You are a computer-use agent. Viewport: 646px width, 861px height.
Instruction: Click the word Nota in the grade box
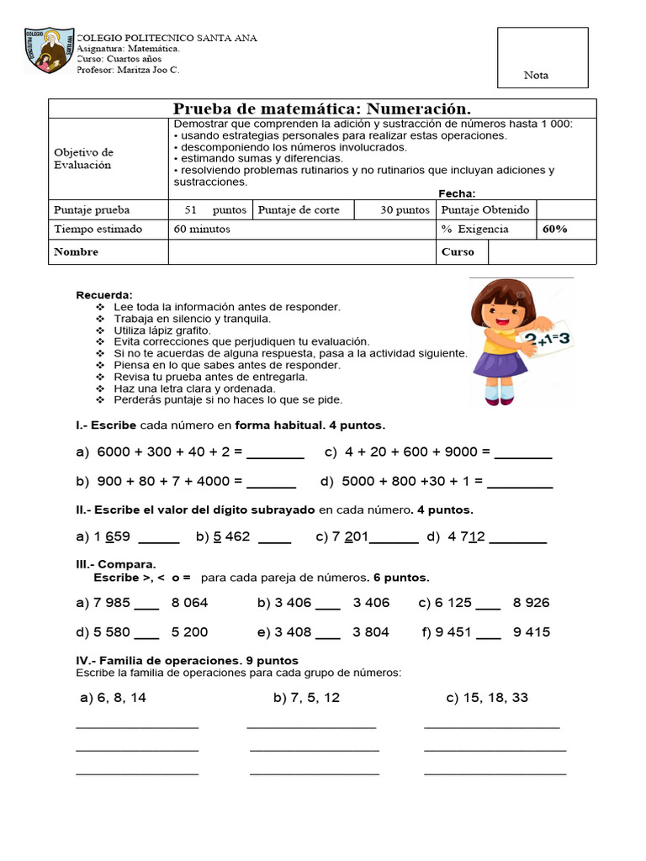[536, 76]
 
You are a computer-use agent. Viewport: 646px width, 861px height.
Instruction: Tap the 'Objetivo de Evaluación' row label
[84, 159]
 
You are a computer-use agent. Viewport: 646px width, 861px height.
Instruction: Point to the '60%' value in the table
[554, 229]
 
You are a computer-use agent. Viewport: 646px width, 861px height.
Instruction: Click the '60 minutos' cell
[202, 229]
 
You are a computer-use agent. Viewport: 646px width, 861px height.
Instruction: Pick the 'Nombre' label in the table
[76, 251]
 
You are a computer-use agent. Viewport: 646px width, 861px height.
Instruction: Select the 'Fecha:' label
[457, 193]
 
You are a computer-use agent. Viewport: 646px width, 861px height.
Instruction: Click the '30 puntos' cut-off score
[405, 210]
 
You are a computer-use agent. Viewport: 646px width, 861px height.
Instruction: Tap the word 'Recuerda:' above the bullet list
[104, 295]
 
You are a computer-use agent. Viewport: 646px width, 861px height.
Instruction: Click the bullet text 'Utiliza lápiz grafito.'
[161, 330]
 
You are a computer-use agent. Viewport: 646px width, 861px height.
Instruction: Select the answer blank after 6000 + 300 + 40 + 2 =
[275, 453]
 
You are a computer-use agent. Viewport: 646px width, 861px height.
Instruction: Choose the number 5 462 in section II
[231, 536]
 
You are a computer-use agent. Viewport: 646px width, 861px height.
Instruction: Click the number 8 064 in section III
[189, 603]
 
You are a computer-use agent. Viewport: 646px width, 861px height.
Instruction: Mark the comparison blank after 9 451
[488, 633]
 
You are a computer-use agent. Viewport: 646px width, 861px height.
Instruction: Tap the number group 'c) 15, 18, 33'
[487, 698]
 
